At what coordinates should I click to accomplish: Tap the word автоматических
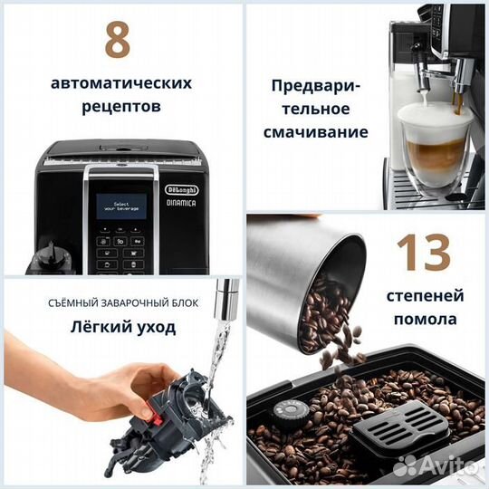point(121,82)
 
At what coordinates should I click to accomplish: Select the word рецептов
point(121,106)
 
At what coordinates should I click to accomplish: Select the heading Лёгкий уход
point(118,328)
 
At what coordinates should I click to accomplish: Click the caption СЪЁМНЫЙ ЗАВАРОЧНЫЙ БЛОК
point(118,302)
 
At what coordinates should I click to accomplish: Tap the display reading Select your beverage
point(121,205)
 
